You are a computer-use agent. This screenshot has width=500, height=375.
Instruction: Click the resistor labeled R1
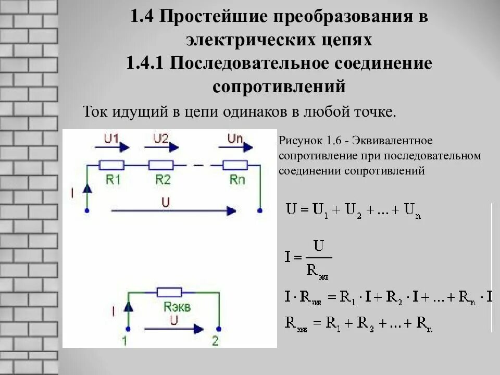112,165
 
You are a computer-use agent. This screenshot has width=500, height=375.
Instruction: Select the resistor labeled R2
160,165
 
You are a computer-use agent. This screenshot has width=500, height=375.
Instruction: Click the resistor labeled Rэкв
169,292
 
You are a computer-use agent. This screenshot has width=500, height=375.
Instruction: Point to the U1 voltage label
111,139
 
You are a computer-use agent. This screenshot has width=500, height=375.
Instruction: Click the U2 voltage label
161,139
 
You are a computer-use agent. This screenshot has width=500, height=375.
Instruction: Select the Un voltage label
234,139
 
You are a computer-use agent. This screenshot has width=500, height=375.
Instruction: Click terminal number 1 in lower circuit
124,341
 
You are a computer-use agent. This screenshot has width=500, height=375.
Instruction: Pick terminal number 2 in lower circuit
216,341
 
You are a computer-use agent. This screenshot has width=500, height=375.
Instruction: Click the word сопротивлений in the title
279,86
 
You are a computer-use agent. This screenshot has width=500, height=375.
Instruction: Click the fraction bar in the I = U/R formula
316,257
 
